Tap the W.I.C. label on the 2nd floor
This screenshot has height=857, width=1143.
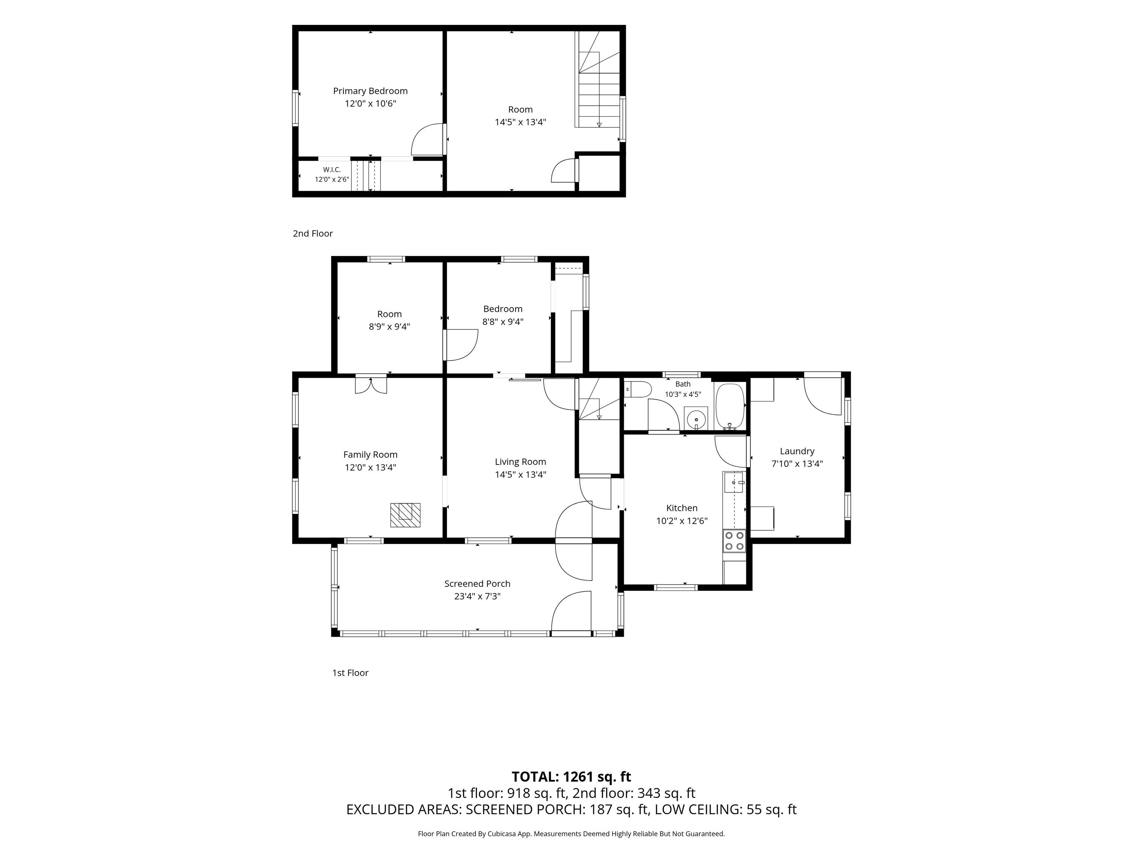332,170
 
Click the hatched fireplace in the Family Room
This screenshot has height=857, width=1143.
405,515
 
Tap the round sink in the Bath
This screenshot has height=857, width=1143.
696,419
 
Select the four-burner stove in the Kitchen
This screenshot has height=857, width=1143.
734,541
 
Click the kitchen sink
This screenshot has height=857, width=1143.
734,482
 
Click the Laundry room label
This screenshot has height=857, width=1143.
797,451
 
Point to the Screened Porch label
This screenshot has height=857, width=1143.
477,584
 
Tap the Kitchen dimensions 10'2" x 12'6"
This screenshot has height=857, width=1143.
682,521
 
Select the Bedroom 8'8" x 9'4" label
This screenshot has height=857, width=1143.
503,315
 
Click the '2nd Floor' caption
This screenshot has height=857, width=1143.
313,234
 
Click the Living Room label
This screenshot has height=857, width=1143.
521,462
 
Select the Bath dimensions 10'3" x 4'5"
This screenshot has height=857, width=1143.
683,394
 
